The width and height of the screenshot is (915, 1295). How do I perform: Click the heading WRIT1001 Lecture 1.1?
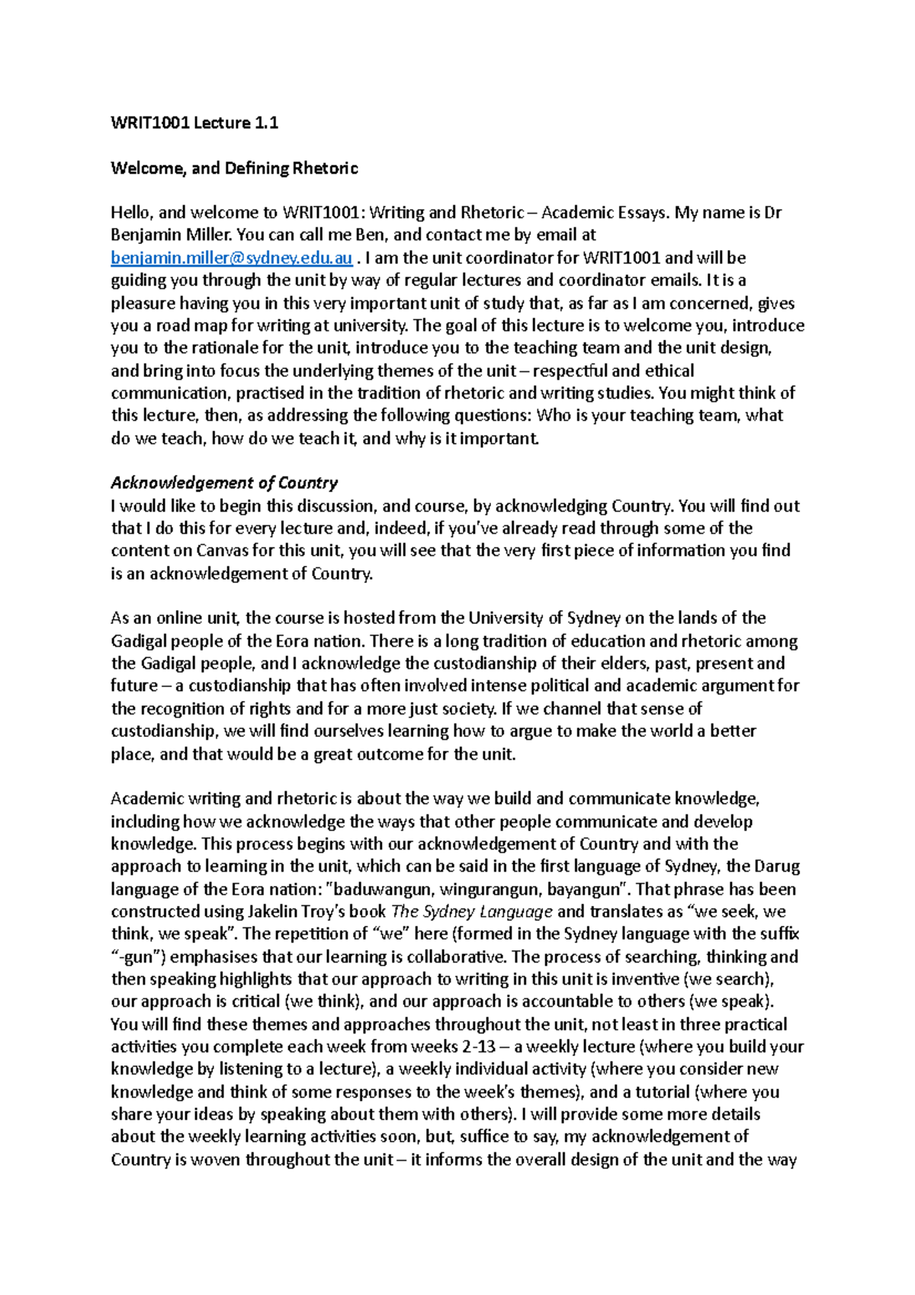tap(194, 123)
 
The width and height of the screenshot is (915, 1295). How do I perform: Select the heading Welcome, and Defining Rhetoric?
tap(234, 168)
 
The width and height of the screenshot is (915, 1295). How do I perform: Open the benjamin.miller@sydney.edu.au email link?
tap(232, 258)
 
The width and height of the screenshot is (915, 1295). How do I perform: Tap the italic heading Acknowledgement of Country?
tap(224, 483)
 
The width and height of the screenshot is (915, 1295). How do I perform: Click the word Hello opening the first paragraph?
tap(130, 213)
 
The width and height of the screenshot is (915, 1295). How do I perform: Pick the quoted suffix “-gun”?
tap(138, 956)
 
